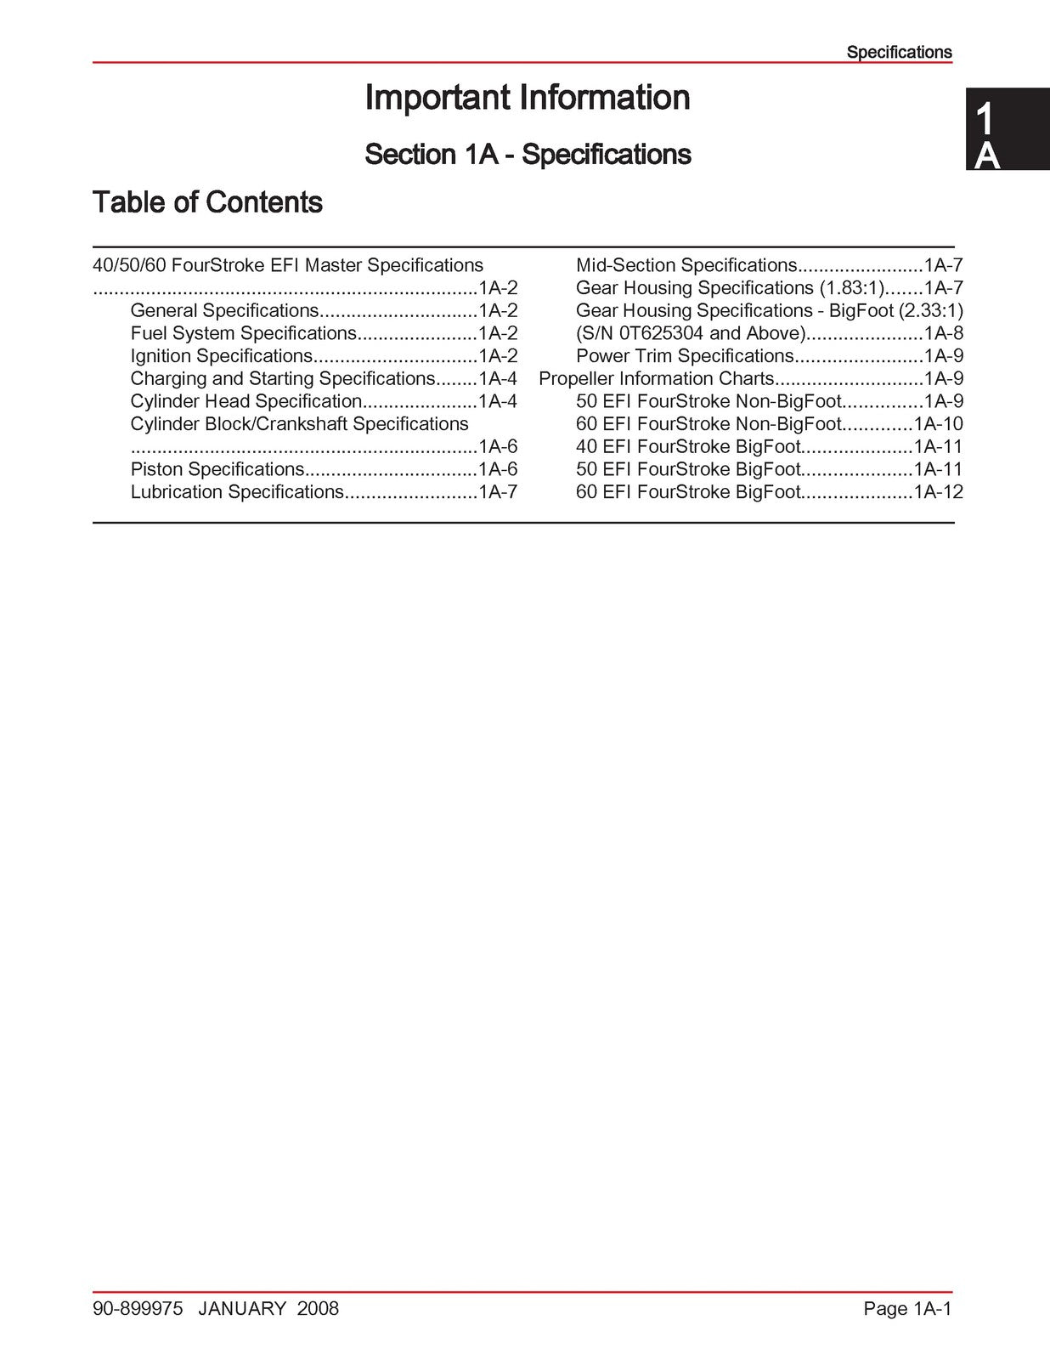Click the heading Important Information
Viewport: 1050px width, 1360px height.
click(527, 98)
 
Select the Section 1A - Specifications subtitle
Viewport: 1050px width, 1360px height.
click(528, 155)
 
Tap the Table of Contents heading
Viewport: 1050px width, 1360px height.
click(207, 202)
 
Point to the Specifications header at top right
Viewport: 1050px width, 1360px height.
click(899, 52)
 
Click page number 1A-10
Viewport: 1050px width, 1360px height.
click(939, 424)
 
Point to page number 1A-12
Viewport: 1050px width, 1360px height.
click(939, 492)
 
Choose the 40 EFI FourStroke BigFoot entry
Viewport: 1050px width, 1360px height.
click(688, 447)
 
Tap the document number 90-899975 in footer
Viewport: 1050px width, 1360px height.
click(138, 1309)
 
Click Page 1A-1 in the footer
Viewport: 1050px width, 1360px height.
click(906, 1309)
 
